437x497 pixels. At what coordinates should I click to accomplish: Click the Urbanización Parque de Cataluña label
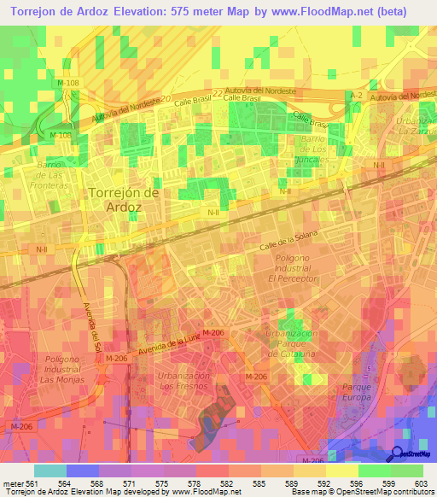click(291, 343)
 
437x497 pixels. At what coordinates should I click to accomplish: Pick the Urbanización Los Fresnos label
click(184, 381)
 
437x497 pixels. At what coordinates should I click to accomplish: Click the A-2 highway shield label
click(356, 96)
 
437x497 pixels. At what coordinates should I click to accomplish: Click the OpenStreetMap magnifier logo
click(398, 453)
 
